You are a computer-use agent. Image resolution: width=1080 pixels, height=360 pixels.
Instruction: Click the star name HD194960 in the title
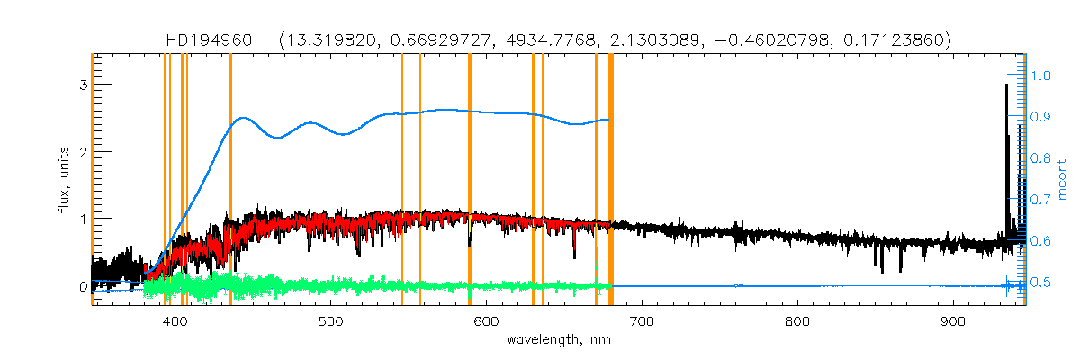click(x=213, y=40)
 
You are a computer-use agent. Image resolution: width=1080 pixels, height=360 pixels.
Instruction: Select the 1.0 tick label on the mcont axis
click(x=1040, y=76)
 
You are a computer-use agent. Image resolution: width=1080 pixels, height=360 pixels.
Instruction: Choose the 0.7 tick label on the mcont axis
click(x=1040, y=200)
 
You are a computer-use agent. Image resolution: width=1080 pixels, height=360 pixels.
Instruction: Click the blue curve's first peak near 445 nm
click(x=242, y=118)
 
